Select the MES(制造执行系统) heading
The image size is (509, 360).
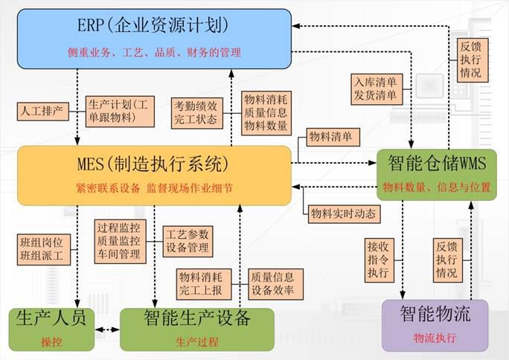click(x=153, y=163)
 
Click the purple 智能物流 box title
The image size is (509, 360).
click(x=435, y=314)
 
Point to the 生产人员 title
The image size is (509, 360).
click(x=51, y=318)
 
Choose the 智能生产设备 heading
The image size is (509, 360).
click(x=196, y=318)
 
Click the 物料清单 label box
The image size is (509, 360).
click(x=333, y=137)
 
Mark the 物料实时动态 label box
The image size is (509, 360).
click(x=343, y=213)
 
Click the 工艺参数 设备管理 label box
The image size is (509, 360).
click(x=188, y=240)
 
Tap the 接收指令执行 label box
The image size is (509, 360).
click(x=377, y=260)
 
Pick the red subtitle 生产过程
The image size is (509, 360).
click(x=196, y=342)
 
